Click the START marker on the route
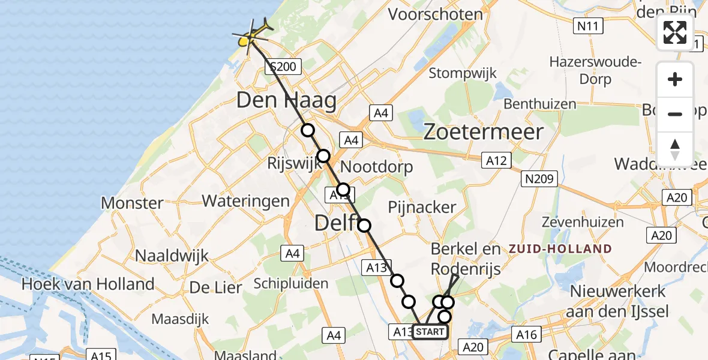tap(430, 332)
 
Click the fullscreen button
tap(675, 32)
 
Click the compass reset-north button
tap(675, 149)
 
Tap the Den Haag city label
tap(287, 100)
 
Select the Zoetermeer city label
tap(484, 132)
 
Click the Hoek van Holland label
tap(88, 284)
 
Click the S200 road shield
tap(283, 66)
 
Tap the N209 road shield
tap(540, 179)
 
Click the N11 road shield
tap(589, 26)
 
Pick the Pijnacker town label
tap(422, 207)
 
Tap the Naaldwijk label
tap(172, 256)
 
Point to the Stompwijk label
tap(463, 73)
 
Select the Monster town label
tap(132, 203)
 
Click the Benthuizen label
tap(540, 104)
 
